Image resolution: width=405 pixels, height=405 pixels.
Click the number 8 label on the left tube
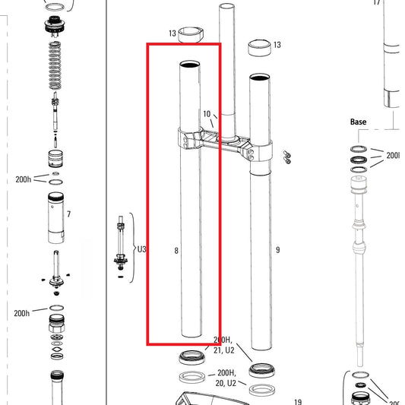(x=176, y=249)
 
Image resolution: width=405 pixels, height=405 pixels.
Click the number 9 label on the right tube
(x=278, y=249)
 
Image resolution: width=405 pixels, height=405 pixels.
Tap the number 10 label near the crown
(x=207, y=114)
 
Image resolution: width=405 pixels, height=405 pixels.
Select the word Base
(x=358, y=122)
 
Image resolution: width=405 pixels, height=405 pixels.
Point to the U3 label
(x=141, y=248)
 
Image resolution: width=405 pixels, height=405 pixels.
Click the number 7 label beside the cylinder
(x=68, y=214)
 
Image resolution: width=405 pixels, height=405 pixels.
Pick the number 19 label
(x=298, y=402)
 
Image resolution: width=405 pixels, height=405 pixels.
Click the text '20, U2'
(x=226, y=384)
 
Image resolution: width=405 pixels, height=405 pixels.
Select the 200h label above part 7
(x=23, y=180)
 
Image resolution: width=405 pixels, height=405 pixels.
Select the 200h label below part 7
(x=21, y=313)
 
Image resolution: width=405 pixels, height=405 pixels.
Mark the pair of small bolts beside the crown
(x=286, y=157)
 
